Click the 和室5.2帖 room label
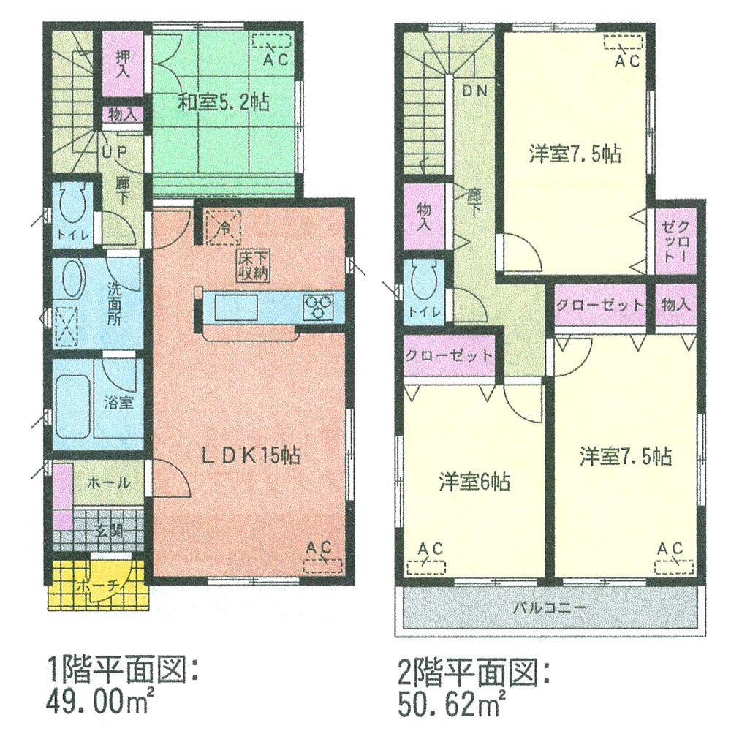point(223,101)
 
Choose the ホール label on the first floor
point(109,482)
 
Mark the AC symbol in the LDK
point(322,563)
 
